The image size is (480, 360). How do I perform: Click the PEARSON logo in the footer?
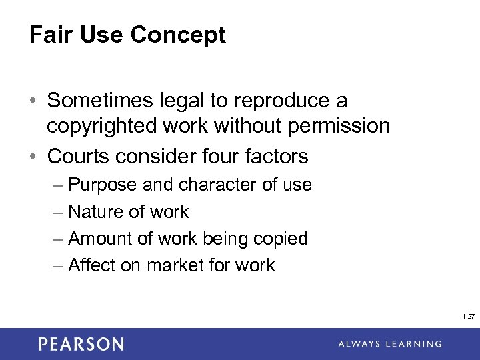pyautogui.click(x=81, y=344)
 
